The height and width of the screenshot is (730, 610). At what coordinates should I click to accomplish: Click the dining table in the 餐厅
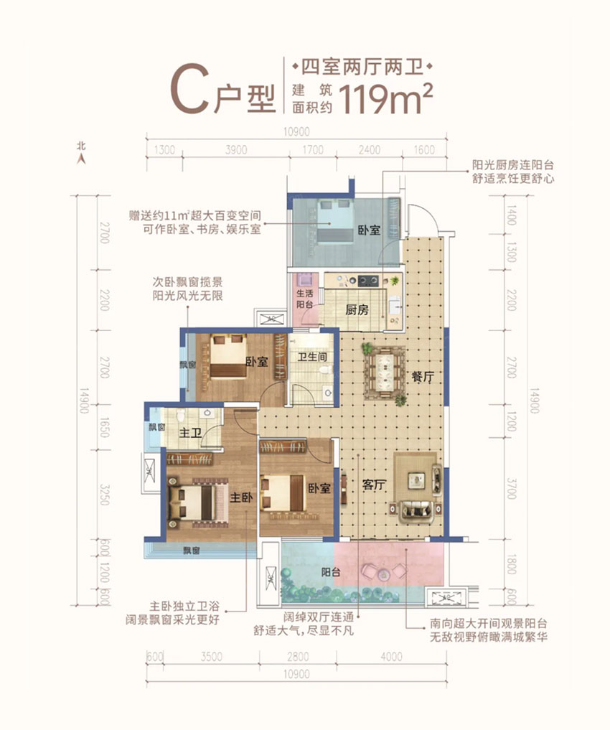pos(384,373)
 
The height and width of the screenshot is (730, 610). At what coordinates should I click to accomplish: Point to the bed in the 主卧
pos(192,504)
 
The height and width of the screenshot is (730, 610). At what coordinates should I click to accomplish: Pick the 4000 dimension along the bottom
pos(390,656)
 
